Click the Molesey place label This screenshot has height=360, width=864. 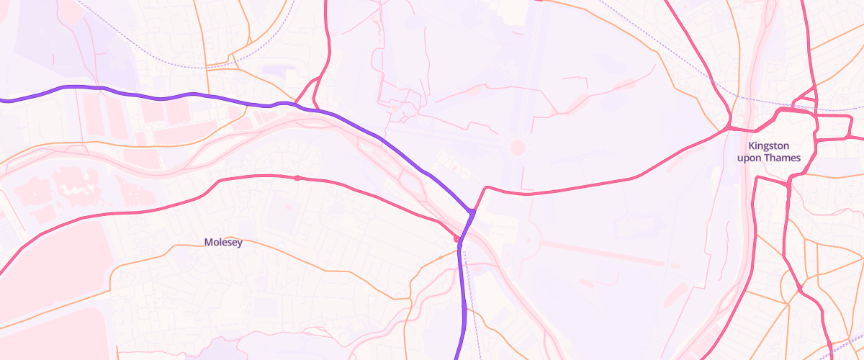point(223,243)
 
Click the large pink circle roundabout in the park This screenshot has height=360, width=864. point(517,148)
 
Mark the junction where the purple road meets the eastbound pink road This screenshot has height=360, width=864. point(472,211)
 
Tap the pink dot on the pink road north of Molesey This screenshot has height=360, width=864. point(297,178)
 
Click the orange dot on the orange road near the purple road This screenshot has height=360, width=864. point(441,257)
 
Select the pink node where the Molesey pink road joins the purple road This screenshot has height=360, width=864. point(456,238)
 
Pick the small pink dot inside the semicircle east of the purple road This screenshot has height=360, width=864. point(529,240)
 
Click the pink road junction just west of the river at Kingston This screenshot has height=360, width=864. point(728,128)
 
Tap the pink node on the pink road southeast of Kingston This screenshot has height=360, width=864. point(800,289)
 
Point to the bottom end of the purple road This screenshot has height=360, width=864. point(456,357)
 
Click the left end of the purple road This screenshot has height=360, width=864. point(2,101)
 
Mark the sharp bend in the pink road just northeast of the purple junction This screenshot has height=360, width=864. point(487,188)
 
